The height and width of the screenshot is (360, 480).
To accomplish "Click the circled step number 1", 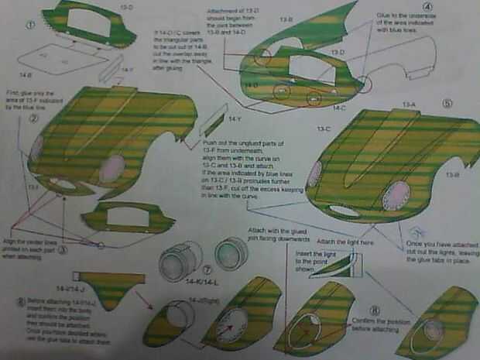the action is tap(29, 25).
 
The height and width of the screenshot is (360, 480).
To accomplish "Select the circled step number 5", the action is tap(447, 101).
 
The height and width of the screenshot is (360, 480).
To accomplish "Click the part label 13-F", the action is tap(33, 187).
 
